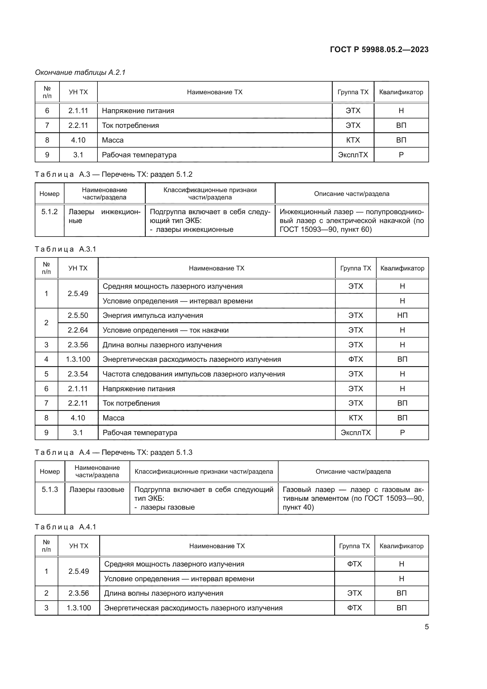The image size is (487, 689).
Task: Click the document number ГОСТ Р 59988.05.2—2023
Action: click(379, 49)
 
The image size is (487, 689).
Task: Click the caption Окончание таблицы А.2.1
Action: click(80, 72)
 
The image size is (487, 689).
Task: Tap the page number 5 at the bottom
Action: click(426, 627)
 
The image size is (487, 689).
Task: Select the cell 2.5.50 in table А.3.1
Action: click(78, 315)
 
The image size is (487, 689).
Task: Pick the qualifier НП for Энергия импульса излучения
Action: click(402, 315)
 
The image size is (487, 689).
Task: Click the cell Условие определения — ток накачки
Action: click(165, 330)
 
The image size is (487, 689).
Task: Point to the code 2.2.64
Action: click(78, 330)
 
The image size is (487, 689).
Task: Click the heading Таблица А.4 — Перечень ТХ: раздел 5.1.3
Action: click(113, 452)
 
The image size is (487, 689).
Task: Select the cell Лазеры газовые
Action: click(97, 490)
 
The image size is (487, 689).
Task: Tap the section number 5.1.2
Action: click(49, 212)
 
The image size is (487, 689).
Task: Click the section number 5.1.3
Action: click(50, 490)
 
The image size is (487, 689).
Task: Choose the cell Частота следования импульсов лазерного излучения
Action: click(194, 374)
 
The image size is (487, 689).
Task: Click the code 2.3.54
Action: click(78, 374)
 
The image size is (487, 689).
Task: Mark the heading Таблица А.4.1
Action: click(65, 527)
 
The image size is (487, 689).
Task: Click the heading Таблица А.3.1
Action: click(65, 249)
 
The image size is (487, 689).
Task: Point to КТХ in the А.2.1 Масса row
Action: click(353, 140)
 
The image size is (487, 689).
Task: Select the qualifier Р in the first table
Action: click(401, 155)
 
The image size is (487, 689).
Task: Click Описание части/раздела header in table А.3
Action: click(352, 194)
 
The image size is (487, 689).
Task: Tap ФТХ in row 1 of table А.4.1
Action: click(355, 564)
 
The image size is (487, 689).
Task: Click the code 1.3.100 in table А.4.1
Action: click(79, 608)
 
